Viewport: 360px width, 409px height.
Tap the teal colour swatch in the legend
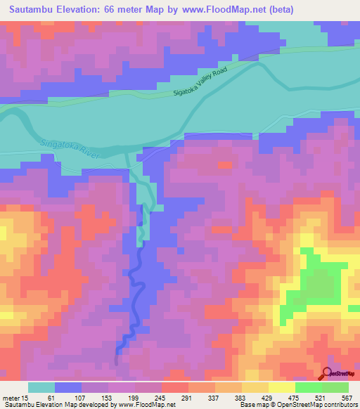[41, 387]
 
